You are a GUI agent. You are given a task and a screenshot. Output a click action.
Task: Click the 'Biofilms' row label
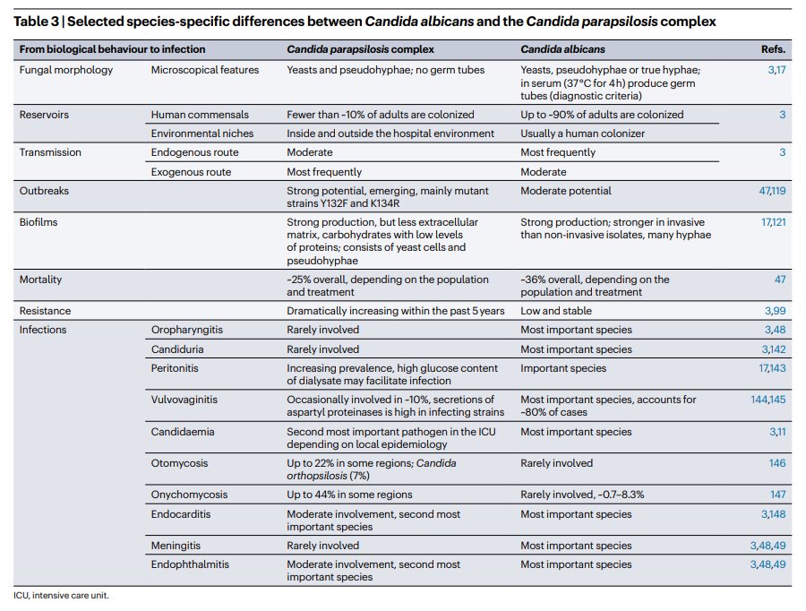39,222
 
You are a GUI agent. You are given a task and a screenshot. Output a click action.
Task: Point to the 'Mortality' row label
41,280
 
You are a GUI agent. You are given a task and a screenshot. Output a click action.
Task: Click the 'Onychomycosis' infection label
189,495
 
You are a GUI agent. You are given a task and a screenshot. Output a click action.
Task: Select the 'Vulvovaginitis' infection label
184,400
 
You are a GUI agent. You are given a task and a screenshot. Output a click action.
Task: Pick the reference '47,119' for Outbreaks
772,191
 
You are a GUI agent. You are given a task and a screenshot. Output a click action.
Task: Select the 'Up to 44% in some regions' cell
349,495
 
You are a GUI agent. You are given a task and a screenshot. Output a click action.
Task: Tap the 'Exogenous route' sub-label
191,171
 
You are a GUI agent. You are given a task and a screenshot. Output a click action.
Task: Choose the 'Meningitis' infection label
176,546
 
